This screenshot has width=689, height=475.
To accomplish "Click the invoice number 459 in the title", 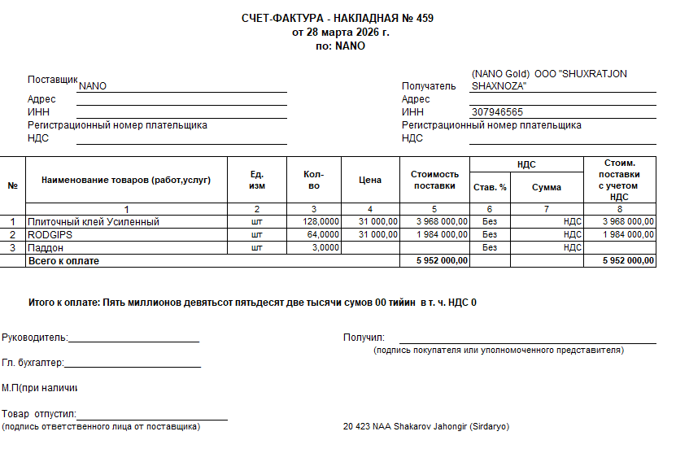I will pos(425,19).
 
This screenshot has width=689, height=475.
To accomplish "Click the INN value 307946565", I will pos(496,112).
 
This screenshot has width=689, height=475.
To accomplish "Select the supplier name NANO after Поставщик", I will pos(93,86).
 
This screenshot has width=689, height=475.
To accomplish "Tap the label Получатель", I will pos(429,86).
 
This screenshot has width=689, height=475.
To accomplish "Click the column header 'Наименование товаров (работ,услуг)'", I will pos(126,180).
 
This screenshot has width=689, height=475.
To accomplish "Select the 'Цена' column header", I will pos(370,180).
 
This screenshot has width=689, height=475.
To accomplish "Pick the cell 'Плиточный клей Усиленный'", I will pos(94,221).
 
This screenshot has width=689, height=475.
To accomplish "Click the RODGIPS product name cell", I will pos(51,234).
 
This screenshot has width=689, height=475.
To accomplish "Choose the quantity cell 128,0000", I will pos(321,221).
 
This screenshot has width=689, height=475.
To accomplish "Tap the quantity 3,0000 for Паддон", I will pos(325,247).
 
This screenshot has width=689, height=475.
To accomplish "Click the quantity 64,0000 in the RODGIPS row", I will pos(323,234).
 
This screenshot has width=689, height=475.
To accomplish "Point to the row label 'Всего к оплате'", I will pos(63,261).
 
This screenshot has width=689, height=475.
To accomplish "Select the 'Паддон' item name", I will pos(46,247).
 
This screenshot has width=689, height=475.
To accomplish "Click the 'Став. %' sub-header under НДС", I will pos(490,187).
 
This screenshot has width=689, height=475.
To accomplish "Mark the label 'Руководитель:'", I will pos(35,338).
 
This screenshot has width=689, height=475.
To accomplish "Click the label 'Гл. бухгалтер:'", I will pos(33,364).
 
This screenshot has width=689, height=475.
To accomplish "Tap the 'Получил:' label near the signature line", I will pos(364,338).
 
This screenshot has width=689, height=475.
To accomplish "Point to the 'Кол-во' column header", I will pos(313,180).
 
